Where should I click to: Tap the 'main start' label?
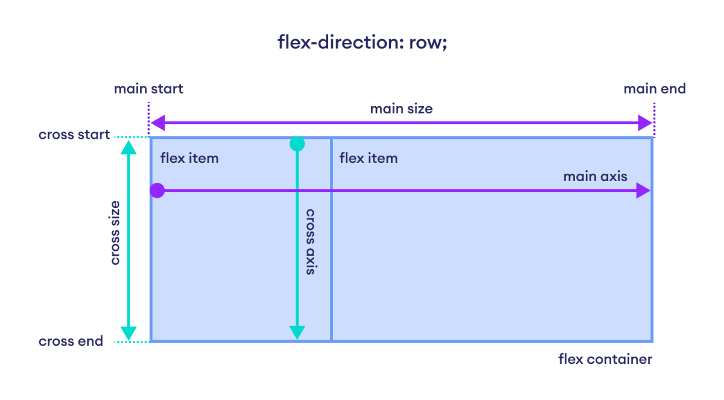tap(148, 89)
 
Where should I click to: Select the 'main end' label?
tap(655, 89)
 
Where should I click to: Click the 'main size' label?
tap(401, 109)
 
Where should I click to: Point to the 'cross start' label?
tap(74, 135)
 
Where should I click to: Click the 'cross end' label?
tap(71, 341)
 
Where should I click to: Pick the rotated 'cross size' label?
tap(115, 233)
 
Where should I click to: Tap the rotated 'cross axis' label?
tap(310, 241)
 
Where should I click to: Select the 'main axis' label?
tap(595, 177)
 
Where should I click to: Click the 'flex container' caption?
tap(605, 360)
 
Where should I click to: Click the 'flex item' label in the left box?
tap(189, 159)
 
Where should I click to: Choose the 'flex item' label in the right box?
tap(368, 159)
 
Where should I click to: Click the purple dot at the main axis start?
tap(157, 191)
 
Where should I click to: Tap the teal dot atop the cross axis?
tap(297, 144)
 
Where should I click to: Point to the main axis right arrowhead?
tap(643, 191)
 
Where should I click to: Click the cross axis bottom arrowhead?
tap(297, 332)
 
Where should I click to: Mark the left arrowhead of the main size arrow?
tap(157, 124)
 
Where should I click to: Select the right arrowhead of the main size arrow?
tap(646, 124)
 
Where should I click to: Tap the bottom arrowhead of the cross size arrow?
tap(128, 333)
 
